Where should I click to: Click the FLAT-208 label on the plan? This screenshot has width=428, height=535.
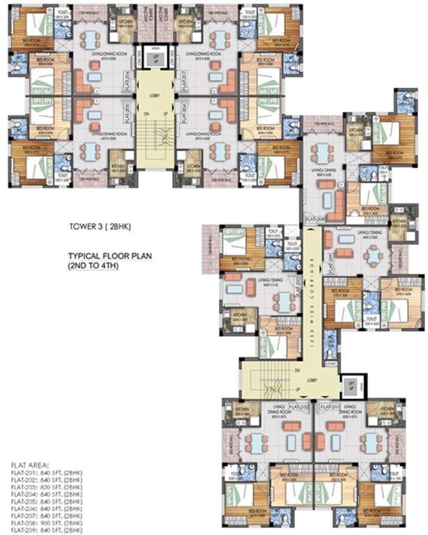pos(316,218)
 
